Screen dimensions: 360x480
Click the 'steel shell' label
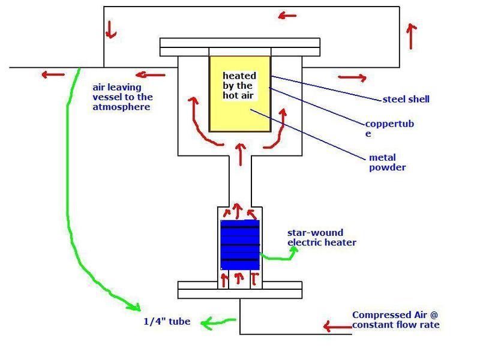(406, 99)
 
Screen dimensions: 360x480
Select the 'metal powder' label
(388, 163)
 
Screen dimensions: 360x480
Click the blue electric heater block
(240, 244)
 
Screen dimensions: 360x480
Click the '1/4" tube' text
(167, 322)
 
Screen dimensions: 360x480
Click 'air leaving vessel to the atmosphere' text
(121, 97)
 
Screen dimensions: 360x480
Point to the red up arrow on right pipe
(411, 36)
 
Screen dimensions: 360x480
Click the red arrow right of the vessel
(352, 77)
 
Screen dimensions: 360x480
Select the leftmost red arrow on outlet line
(52, 76)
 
